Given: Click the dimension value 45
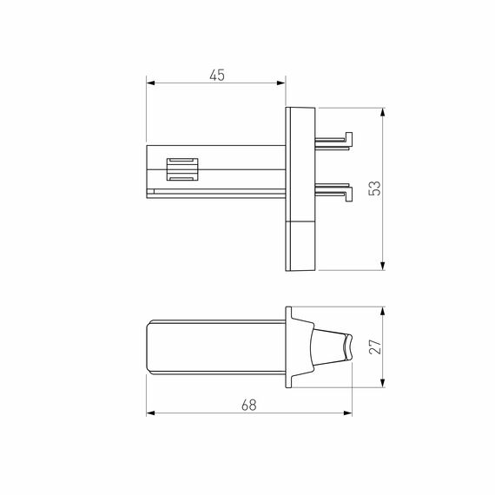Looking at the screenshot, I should coord(216,76).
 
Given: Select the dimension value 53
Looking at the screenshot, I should coord(374,188).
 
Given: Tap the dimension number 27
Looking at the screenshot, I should coord(374,347).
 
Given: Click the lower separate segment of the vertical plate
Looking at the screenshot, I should coord(300,245).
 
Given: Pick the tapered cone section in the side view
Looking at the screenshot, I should coord(327,346).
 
